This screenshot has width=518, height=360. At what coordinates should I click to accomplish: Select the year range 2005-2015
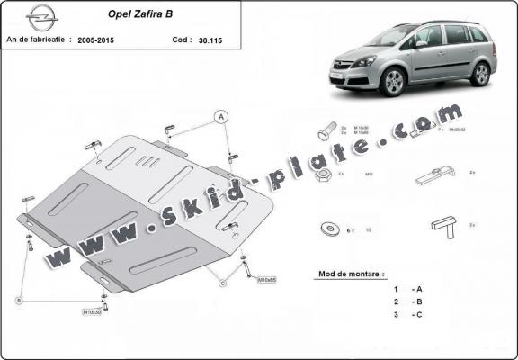point(98,40)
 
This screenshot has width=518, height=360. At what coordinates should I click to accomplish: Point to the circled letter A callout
point(219,116)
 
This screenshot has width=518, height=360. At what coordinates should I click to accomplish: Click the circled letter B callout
point(18,301)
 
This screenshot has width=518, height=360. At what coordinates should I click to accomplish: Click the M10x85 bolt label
point(266,278)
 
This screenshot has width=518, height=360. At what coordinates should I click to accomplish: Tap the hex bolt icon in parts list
point(326,132)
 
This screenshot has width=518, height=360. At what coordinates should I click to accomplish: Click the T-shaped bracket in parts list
point(444,227)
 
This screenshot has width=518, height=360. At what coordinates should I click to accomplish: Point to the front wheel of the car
point(394,84)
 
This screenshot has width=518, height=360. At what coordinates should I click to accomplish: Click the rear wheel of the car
point(481,74)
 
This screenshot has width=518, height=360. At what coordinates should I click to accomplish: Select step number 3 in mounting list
point(396,316)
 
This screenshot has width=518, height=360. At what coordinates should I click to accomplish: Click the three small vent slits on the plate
point(144,162)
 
